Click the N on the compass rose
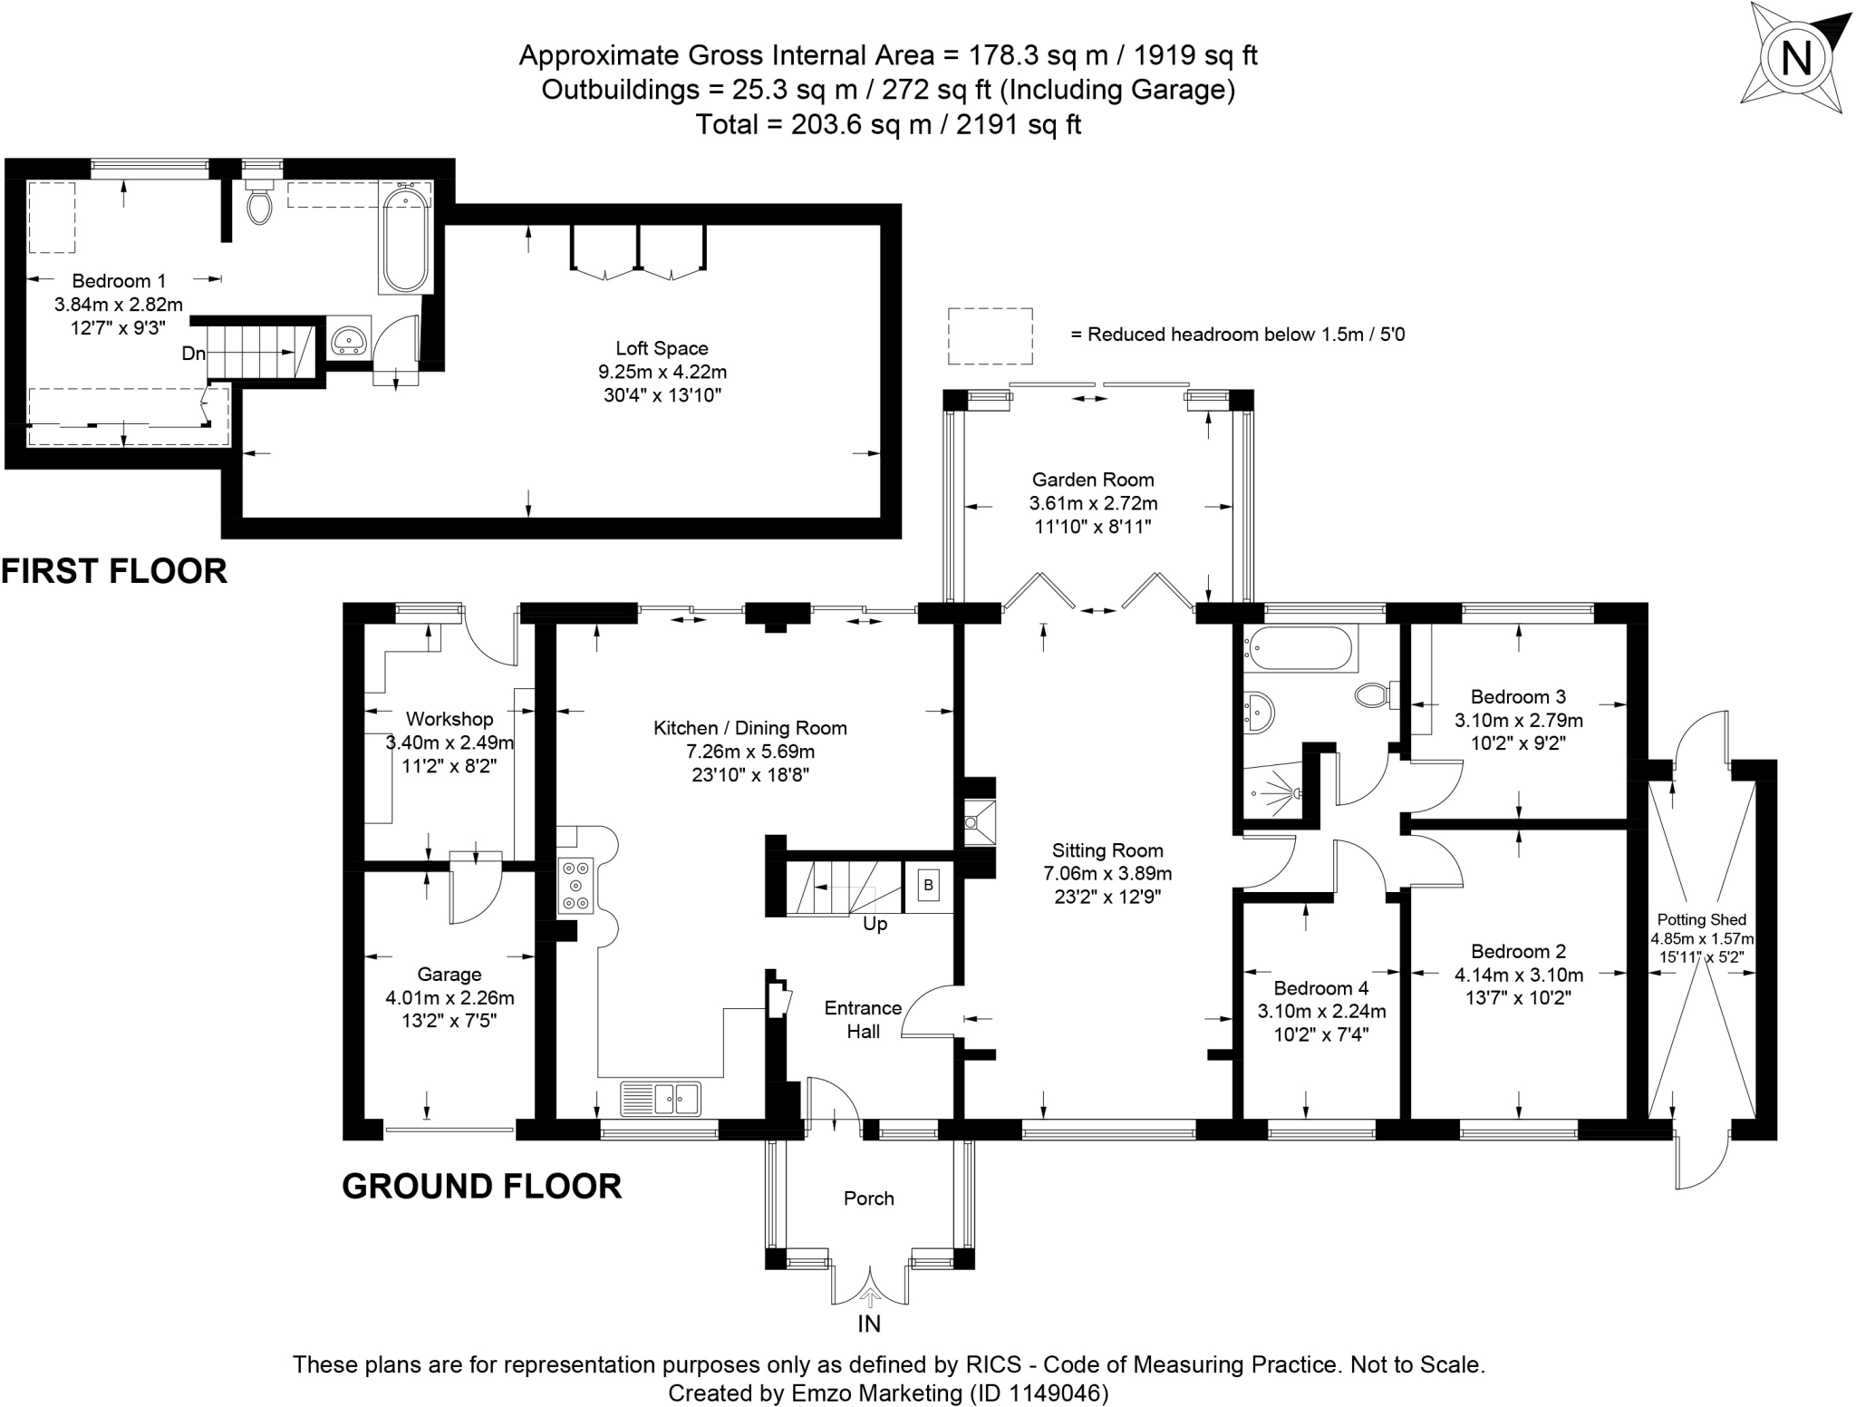click(x=1796, y=60)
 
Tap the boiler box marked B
click(x=928, y=884)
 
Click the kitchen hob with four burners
click(x=575, y=884)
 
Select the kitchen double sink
click(x=661, y=1098)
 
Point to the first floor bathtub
click(x=405, y=238)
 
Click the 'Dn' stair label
click(x=194, y=354)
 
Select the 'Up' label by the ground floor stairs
click(x=875, y=924)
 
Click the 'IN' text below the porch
click(x=869, y=1325)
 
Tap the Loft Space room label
click(x=662, y=348)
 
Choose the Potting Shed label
click(x=1702, y=919)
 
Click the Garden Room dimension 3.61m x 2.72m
click(x=1094, y=503)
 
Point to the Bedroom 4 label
click(x=1321, y=987)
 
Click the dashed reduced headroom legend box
click(x=991, y=335)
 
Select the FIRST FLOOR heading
click(x=114, y=571)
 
